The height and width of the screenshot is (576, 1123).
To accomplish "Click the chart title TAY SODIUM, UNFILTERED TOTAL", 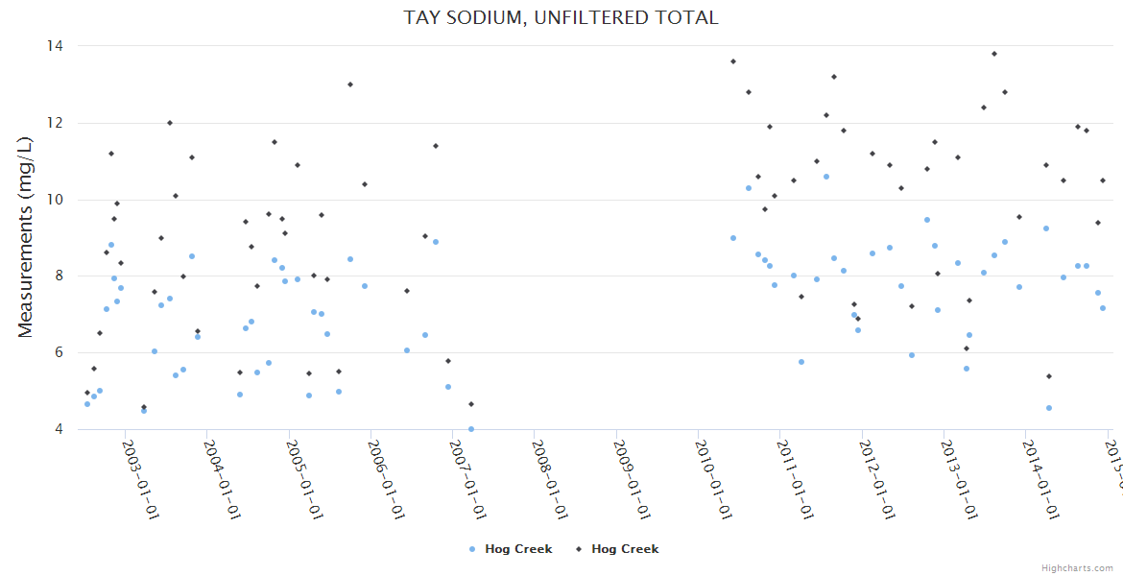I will point(561,17).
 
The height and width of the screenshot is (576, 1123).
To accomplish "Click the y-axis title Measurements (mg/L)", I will point(26,237).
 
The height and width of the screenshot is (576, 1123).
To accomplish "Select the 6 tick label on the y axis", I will point(59,352).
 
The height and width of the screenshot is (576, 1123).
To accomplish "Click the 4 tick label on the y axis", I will point(59,429).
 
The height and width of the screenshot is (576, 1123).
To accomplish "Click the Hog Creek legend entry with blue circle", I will point(511,549).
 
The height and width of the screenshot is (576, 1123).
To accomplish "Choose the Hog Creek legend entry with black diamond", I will point(617,549).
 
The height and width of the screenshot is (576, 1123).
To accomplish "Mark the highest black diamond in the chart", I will point(994,54).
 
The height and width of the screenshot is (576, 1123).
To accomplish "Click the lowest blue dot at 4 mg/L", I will point(471,429).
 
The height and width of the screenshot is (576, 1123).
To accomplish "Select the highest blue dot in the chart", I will point(825,177).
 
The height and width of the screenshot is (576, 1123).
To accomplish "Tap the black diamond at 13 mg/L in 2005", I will point(350,84).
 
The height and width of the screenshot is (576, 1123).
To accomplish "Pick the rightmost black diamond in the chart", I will point(1103,180).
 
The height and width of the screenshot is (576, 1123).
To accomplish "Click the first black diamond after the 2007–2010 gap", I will point(733,61).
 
